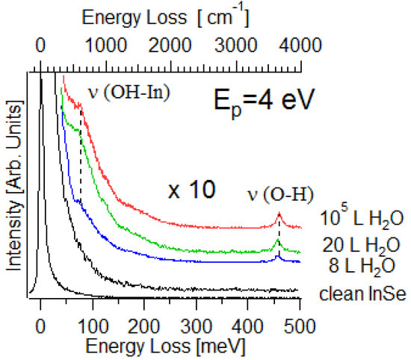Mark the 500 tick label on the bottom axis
point(300,325)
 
